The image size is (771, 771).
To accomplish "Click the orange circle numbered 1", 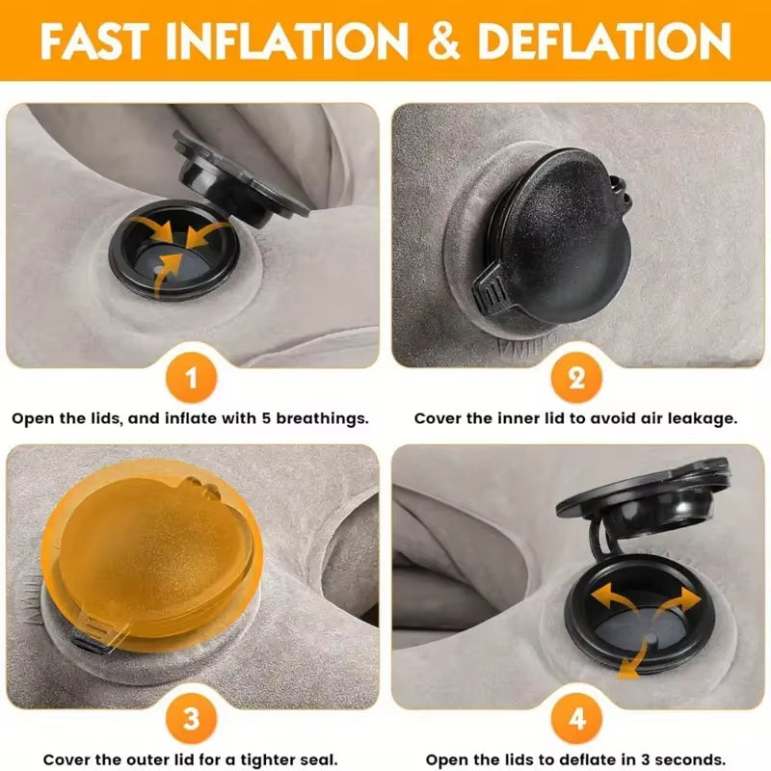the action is (x=191, y=378).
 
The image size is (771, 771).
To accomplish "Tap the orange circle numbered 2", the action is (x=576, y=378).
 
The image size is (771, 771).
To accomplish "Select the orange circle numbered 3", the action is (x=191, y=719).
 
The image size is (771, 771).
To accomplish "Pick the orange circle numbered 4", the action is (x=576, y=719).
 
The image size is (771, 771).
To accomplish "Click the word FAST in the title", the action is (x=94, y=40).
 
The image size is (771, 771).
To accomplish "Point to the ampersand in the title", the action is (x=444, y=41).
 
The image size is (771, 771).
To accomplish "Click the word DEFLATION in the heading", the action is (x=605, y=41).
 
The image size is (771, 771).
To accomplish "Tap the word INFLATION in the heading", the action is (x=287, y=41).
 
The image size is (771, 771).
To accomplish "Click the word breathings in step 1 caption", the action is (x=322, y=419).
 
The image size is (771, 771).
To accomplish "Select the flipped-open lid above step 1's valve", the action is (x=241, y=177).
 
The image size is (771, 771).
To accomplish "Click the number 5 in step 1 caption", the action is (x=266, y=418).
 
